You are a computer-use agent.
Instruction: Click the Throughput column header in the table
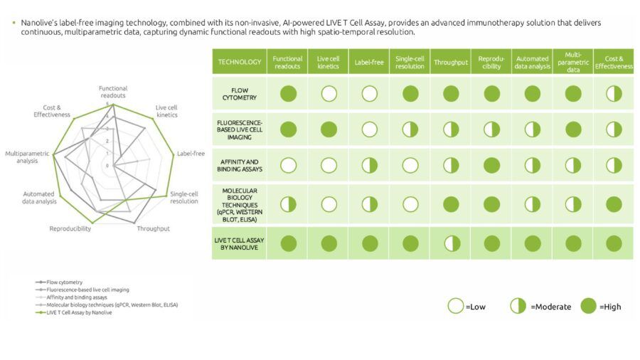[x=450, y=63]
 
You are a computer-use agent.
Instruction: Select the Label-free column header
[x=369, y=63]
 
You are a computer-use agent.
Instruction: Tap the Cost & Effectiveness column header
[x=614, y=63]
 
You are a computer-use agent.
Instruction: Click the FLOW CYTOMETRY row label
[x=239, y=93]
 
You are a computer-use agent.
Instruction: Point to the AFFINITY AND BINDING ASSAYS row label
[x=239, y=165]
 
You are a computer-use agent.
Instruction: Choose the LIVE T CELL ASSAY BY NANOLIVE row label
[x=239, y=243]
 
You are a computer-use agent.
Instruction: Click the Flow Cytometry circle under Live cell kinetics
[x=329, y=93]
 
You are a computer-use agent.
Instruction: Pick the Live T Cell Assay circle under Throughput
[x=450, y=243]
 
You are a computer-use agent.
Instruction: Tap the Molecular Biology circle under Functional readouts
[x=288, y=205]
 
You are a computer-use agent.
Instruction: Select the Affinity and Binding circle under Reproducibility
[x=491, y=165]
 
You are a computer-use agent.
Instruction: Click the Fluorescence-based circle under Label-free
[x=369, y=129]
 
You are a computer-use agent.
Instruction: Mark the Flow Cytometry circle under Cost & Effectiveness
[x=614, y=93]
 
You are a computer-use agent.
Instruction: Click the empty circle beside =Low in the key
[x=455, y=306]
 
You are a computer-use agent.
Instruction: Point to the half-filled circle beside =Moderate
[x=518, y=306]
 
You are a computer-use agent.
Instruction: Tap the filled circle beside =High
[x=587, y=306]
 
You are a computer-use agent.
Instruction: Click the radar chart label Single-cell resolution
[x=184, y=197]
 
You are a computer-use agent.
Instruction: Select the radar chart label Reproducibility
[x=70, y=228]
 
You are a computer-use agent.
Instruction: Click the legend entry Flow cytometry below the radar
[x=60, y=282]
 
